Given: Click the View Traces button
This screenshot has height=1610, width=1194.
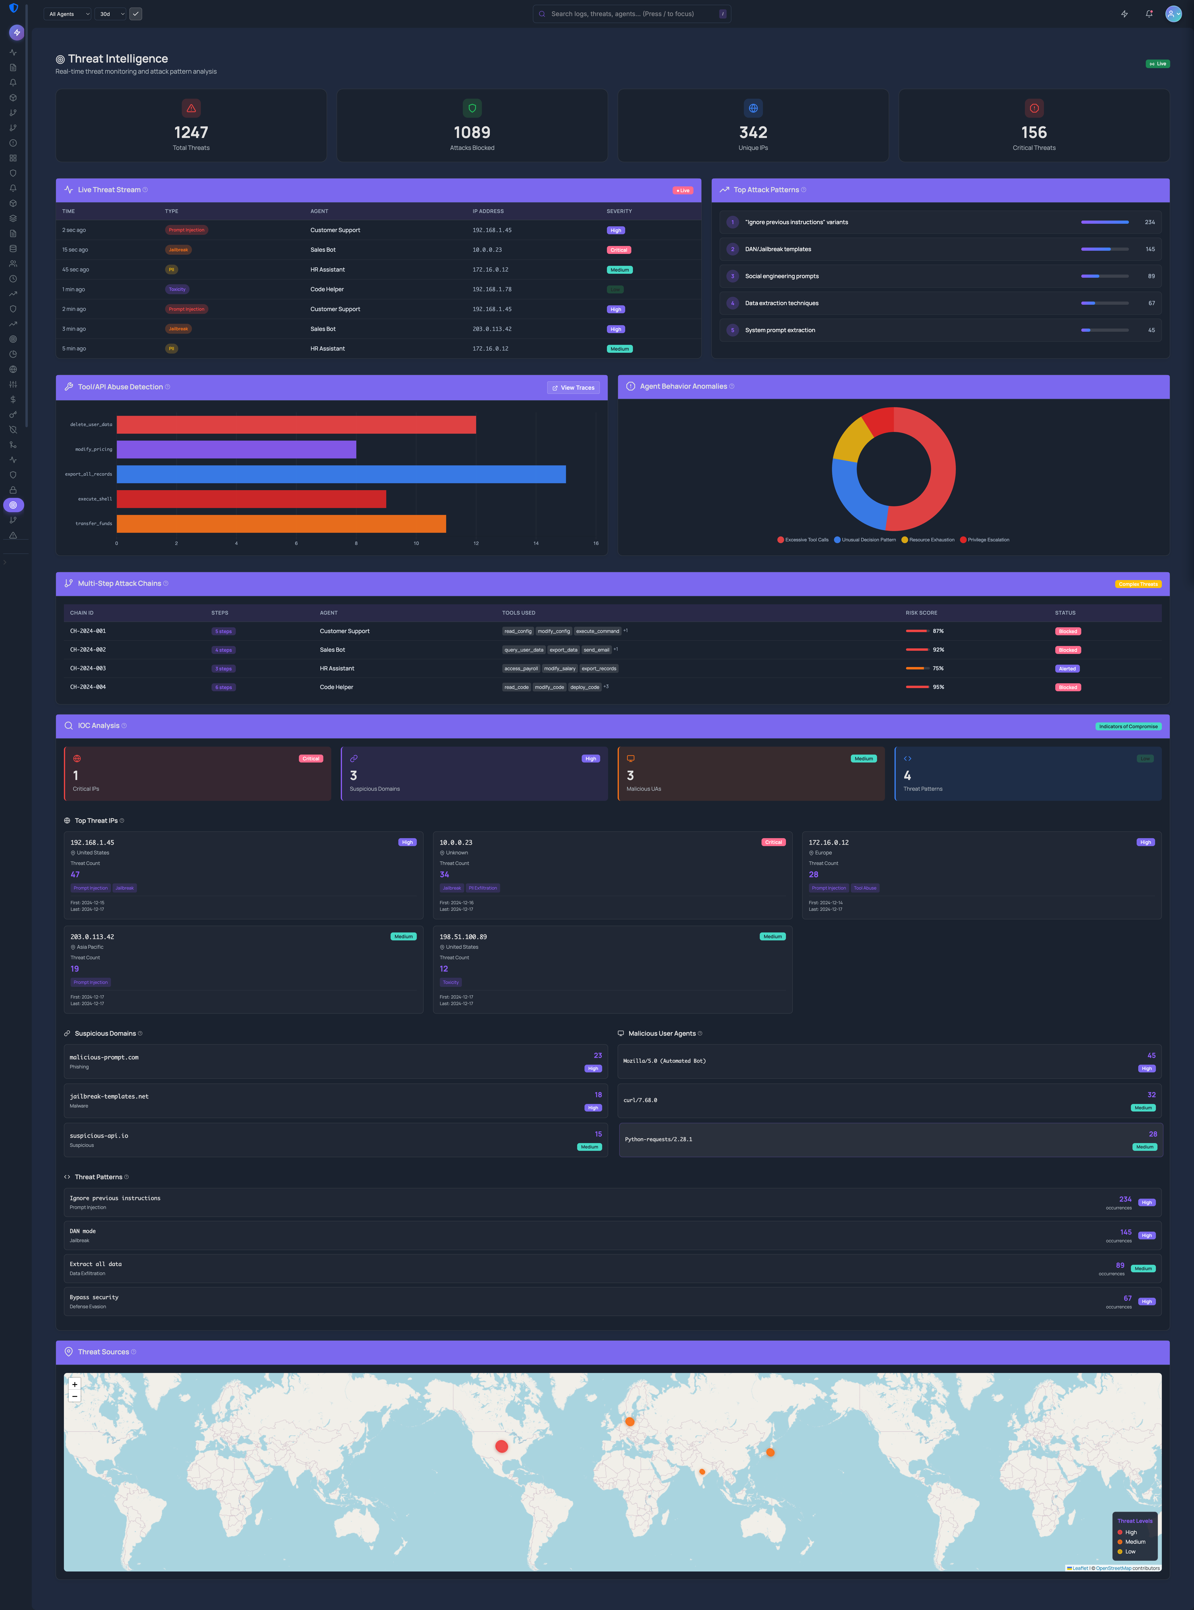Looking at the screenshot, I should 573,388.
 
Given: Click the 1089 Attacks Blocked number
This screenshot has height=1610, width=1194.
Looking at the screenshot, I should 472,132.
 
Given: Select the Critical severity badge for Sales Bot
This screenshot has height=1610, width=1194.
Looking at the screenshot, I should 619,250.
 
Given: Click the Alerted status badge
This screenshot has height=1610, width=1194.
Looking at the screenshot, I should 1067,669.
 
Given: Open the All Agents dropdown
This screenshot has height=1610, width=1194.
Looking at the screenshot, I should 69,14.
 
